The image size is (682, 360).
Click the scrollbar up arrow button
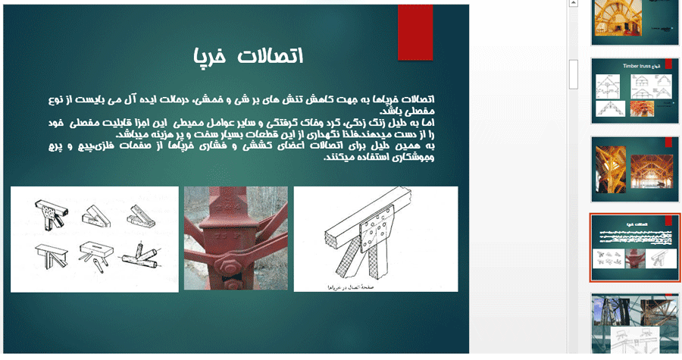click(574, 5)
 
